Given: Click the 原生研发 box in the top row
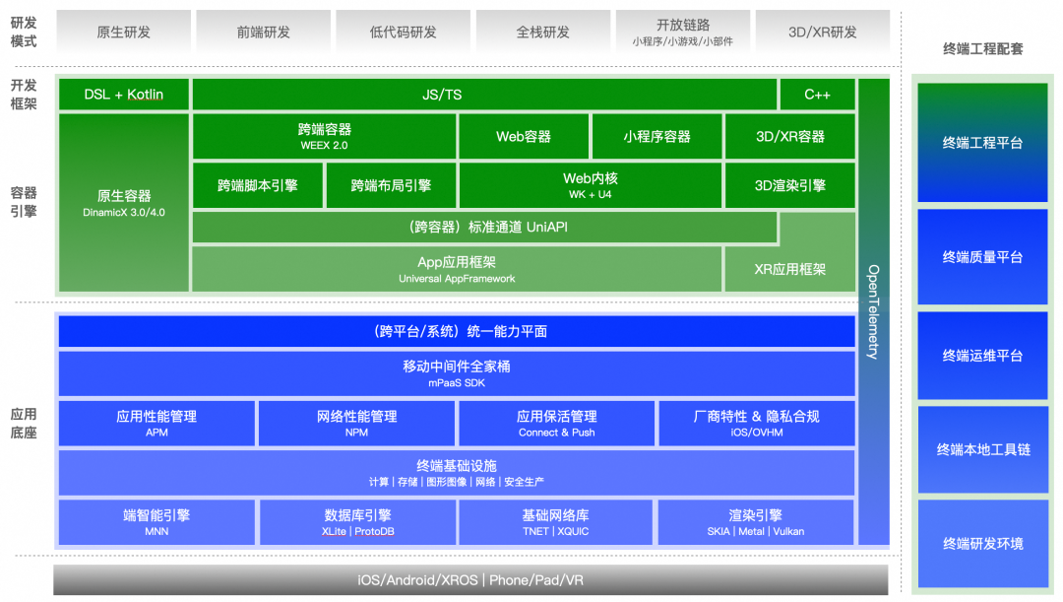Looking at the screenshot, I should click(x=123, y=32).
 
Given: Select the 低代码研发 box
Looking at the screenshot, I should click(x=403, y=32).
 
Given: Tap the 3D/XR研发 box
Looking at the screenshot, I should click(x=822, y=32).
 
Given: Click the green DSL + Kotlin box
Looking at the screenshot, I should click(x=123, y=95).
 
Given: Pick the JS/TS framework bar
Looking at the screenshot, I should click(x=484, y=95).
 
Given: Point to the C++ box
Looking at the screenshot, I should click(x=817, y=95).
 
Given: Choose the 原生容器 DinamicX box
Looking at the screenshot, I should click(x=123, y=202).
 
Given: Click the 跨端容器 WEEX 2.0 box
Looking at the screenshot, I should click(x=324, y=136).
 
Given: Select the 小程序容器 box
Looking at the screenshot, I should click(x=657, y=137).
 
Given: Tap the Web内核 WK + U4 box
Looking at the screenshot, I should click(x=591, y=185).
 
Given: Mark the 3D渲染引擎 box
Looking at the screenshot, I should click(x=790, y=185).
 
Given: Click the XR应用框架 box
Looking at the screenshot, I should click(x=790, y=269).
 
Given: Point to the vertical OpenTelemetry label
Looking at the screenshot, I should click(x=873, y=311).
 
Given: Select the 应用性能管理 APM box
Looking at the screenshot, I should click(x=156, y=424).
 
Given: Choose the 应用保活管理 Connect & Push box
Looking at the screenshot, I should click(x=556, y=424).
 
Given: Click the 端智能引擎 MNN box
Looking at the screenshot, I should click(x=156, y=522).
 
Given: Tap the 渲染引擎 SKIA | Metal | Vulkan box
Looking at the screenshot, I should click(x=755, y=522).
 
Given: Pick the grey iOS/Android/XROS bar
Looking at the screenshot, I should click(x=470, y=580).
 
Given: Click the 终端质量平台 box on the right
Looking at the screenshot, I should click(x=982, y=257).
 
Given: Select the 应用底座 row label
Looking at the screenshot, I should click(x=24, y=424).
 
